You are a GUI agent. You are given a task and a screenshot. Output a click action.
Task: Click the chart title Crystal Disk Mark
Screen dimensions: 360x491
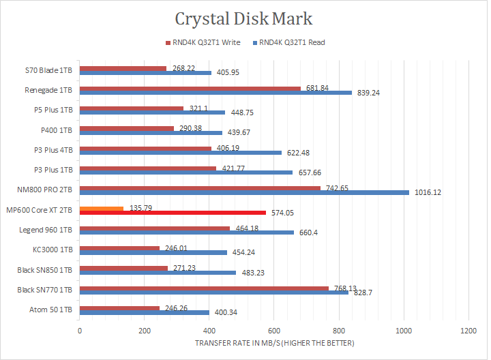pyautogui.click(x=244, y=18)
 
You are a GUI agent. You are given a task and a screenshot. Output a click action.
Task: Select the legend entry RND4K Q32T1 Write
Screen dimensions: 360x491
pyautogui.click(x=203, y=42)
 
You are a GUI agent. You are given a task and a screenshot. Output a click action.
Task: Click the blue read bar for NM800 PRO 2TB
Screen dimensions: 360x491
pyautogui.click(x=244, y=192)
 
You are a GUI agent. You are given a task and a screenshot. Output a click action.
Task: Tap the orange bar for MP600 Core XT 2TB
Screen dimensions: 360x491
pyautogui.click(x=102, y=208)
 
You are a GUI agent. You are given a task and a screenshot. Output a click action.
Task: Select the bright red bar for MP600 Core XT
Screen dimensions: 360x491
pyautogui.click(x=173, y=213)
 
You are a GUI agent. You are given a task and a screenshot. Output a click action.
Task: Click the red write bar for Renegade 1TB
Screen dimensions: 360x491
pyautogui.click(x=190, y=88)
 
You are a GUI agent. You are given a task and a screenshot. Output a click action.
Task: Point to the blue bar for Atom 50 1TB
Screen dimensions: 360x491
pyautogui.click(x=145, y=312)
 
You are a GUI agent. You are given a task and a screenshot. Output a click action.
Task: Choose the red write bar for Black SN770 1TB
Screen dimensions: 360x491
pyautogui.click(x=204, y=288)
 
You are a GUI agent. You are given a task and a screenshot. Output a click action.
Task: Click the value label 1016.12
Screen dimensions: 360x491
pyautogui.click(x=427, y=192)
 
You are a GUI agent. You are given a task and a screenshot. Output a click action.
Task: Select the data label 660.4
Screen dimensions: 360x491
pyautogui.click(x=309, y=232)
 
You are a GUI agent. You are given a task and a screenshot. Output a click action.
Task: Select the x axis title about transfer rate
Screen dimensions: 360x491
pyautogui.click(x=274, y=342)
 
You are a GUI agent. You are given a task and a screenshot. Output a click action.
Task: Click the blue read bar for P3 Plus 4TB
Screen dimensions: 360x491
pyautogui.click(x=181, y=153)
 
